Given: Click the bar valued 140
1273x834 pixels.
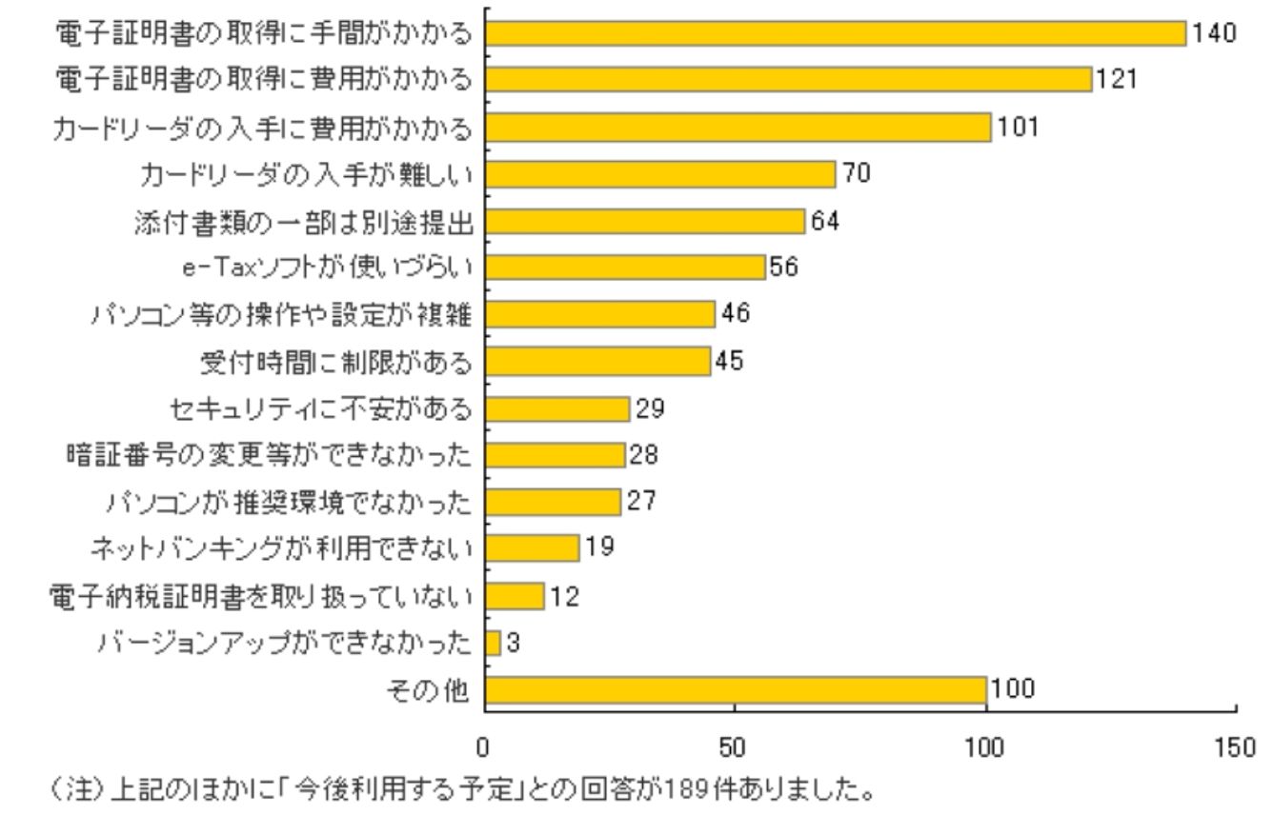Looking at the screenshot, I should click(x=835, y=33).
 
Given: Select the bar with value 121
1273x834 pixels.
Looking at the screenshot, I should click(x=788, y=80).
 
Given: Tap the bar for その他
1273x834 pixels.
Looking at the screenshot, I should click(x=735, y=690).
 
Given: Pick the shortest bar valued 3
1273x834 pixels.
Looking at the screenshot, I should click(x=493, y=644).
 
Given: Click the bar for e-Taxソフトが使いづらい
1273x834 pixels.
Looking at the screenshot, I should click(x=625, y=268).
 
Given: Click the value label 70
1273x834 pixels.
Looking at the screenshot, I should click(x=856, y=173).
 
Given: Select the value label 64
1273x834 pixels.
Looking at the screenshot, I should click(x=825, y=221).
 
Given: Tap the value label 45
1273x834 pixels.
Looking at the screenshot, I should click(x=729, y=362).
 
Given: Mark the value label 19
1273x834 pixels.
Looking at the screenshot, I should click(x=599, y=547).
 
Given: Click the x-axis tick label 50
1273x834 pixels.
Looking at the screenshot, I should click(x=733, y=747).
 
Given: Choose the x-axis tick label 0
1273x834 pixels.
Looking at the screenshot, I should click(x=484, y=747).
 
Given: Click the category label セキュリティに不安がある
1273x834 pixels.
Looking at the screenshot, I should click(x=319, y=409).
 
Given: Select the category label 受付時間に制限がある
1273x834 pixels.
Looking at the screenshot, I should click(x=335, y=362).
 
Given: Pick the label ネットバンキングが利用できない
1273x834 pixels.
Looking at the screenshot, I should click(x=281, y=548).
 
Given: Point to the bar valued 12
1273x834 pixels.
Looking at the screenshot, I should click(x=515, y=597).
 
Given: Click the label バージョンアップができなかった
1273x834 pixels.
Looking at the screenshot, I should click(x=285, y=644).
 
